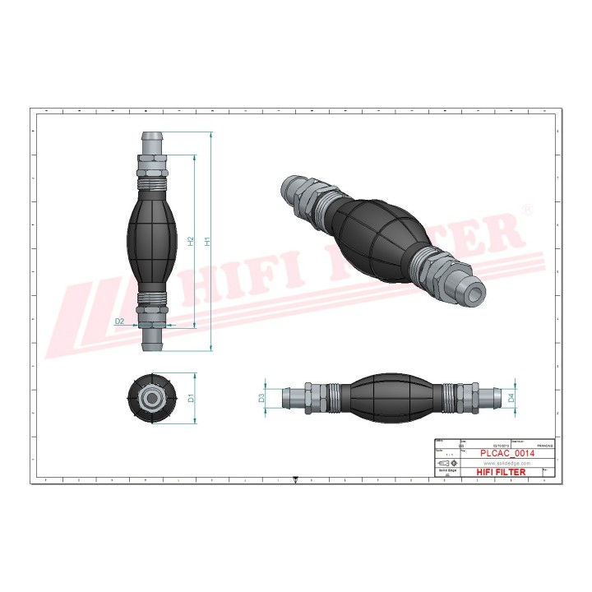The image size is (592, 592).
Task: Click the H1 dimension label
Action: (209, 241)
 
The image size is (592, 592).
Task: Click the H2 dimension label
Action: (191, 241)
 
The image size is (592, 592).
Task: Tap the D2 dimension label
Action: (119, 321)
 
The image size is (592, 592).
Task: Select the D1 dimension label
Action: (191, 398)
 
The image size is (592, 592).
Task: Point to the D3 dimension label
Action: (261, 397)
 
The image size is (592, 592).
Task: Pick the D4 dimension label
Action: (511, 397)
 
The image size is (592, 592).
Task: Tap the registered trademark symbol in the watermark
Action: (527, 211)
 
